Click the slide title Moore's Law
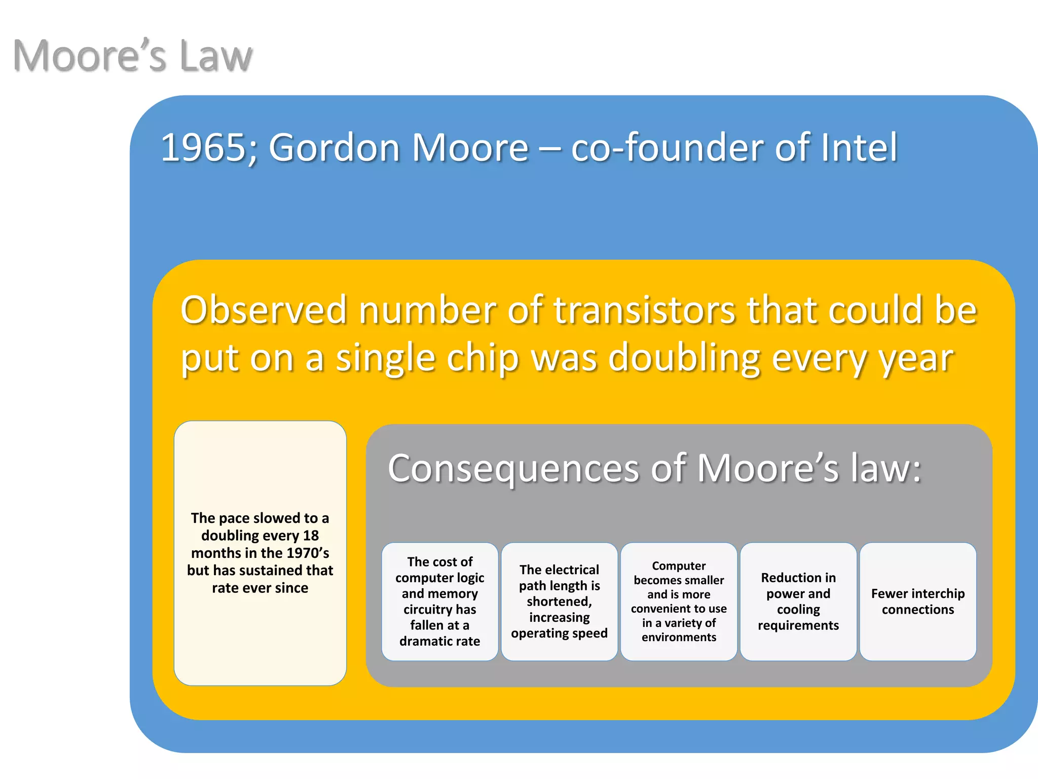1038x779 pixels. pyautogui.click(x=132, y=55)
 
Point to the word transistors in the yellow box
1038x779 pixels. pyautogui.click(x=644, y=310)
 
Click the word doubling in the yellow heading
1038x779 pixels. pyautogui.click(x=684, y=358)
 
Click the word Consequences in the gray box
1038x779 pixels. pyautogui.click(x=513, y=468)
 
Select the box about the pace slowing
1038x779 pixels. pyautogui.click(x=260, y=553)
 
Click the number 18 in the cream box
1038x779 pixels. pyautogui.click(x=311, y=536)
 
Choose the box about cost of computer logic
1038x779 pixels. pyautogui.click(x=439, y=601)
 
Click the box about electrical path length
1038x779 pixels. pyautogui.click(x=559, y=601)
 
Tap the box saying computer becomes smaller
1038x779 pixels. pyautogui.click(x=679, y=601)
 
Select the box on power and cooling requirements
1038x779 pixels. pyautogui.click(x=798, y=601)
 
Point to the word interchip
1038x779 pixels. pyautogui.click(x=937, y=593)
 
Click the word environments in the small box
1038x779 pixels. pyautogui.click(x=679, y=637)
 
